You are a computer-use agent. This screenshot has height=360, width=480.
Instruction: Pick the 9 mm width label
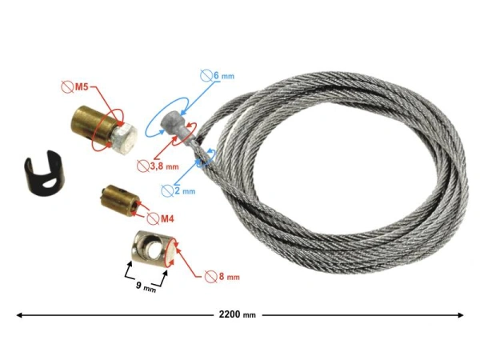coord(146,286)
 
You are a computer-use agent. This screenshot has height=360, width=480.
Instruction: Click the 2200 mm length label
coord(238,314)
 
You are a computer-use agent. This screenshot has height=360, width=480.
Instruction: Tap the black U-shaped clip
coord(42,173)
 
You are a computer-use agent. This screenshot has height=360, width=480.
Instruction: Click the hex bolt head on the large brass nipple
coord(125,139)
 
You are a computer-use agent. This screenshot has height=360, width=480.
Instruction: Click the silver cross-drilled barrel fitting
coord(152,250)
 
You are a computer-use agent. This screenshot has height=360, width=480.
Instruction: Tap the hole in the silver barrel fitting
coord(152,248)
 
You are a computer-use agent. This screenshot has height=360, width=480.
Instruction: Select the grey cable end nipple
coord(175,126)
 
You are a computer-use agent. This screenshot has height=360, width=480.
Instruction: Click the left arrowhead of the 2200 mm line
coord(19,314)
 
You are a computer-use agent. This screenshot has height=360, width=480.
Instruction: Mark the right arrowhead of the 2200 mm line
coord(461,314)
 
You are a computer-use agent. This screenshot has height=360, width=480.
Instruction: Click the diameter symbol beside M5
coord(67,87)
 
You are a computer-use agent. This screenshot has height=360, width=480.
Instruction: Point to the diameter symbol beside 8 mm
coord(210,277)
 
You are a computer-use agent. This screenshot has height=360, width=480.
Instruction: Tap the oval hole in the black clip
coord(48,184)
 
